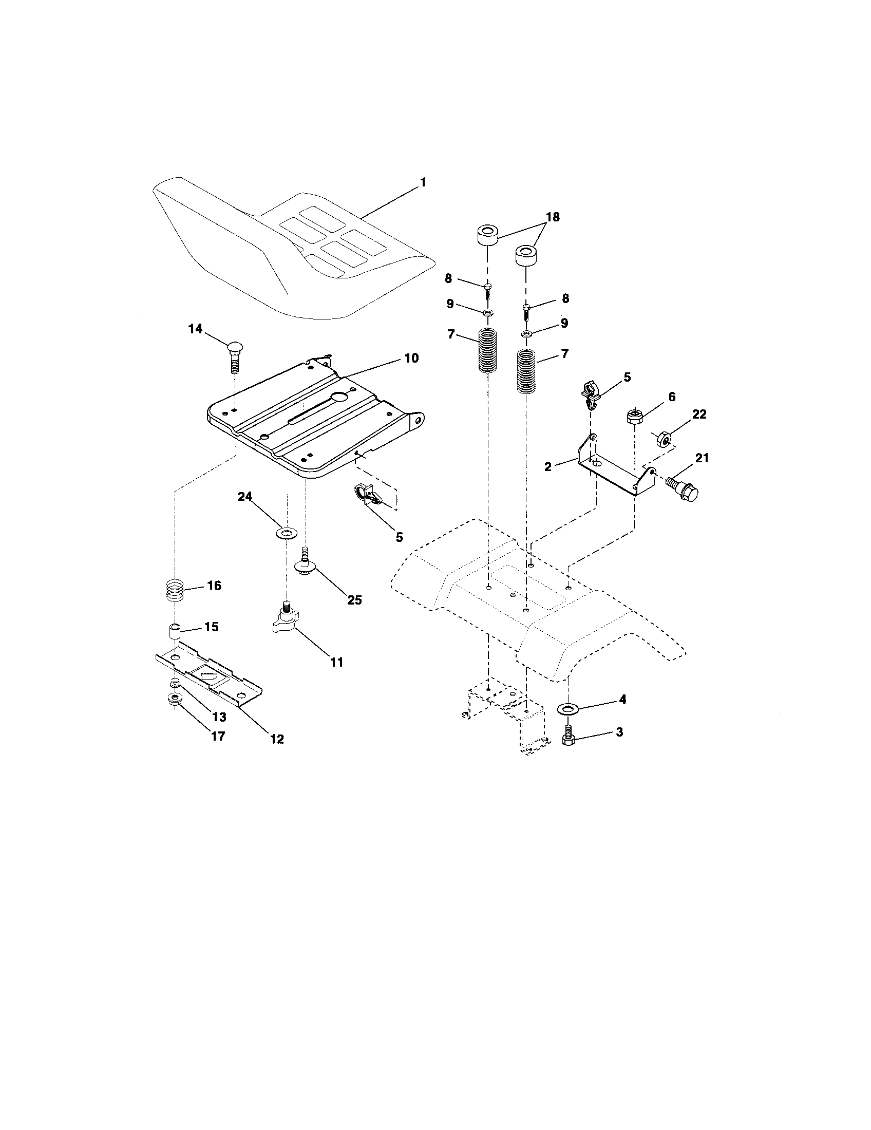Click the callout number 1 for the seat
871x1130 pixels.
tap(423, 183)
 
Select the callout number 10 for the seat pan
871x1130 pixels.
tap(411, 358)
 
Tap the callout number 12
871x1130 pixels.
tap(277, 739)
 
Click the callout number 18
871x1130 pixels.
tap(553, 217)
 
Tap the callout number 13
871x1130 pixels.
tap(219, 717)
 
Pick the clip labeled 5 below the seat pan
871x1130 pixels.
tap(368, 494)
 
